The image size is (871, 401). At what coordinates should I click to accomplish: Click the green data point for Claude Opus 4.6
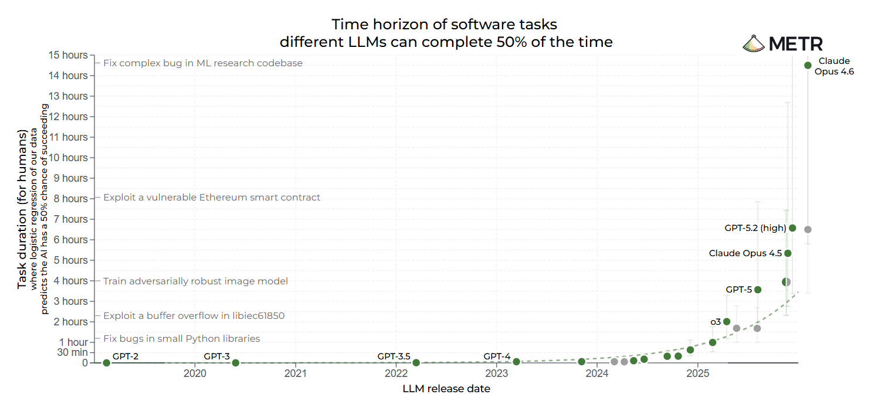coord(808,65)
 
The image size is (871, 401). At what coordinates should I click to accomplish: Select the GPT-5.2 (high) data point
coord(792,228)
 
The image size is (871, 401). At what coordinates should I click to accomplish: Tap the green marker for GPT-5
coord(758,290)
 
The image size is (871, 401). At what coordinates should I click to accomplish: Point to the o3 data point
coord(727,321)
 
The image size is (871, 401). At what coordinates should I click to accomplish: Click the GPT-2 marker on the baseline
coord(106,363)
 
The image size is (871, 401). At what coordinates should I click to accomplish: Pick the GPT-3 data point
coord(235,363)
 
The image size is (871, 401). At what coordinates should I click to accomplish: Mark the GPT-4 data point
coord(516,362)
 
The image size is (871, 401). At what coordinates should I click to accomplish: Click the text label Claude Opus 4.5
coord(745,253)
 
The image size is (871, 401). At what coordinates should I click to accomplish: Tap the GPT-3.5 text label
coord(394,356)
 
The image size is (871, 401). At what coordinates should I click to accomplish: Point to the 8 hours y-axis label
coord(70,199)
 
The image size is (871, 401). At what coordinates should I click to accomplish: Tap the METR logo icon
coord(753,43)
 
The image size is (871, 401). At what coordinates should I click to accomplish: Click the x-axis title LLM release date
coord(446,389)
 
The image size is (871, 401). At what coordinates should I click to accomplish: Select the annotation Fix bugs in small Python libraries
coord(181,339)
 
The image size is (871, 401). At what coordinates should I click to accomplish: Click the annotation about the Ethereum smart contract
coord(212,198)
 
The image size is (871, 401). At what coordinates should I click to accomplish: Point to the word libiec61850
coord(255,316)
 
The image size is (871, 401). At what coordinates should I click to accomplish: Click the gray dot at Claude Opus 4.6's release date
coord(808,229)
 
